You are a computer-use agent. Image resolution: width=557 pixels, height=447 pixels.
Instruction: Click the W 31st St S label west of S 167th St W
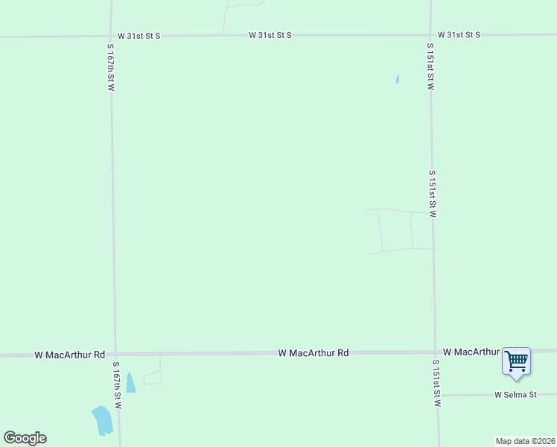click(139, 35)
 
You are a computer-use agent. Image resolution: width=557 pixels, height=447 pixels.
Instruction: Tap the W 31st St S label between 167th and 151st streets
click(270, 35)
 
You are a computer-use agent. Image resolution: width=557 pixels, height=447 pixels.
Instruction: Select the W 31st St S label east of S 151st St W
click(459, 35)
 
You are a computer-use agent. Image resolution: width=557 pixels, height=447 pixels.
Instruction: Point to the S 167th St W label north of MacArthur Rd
click(109, 67)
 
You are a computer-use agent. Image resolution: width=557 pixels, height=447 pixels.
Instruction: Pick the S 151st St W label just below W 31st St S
click(430, 66)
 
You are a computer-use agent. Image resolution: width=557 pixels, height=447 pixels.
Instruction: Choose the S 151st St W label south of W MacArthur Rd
click(437, 382)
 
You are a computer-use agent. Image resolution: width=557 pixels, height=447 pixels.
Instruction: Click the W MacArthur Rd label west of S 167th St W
click(69, 355)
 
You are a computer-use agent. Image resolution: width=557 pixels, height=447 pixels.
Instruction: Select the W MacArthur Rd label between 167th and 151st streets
click(313, 352)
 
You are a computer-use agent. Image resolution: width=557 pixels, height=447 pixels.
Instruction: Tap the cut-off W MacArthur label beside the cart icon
click(470, 351)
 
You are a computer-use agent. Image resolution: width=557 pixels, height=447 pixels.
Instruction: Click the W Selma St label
click(515, 394)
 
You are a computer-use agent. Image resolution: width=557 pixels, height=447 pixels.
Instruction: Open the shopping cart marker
click(516, 361)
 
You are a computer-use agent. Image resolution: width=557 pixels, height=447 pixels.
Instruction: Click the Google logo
click(25, 438)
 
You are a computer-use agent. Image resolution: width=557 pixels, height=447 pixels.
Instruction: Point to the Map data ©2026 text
click(525, 441)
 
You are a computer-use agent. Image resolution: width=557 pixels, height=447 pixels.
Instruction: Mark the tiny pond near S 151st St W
click(398, 79)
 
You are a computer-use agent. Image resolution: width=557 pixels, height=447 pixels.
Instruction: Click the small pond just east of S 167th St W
click(130, 383)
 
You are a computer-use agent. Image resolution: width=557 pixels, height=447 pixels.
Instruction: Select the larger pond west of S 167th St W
click(101, 421)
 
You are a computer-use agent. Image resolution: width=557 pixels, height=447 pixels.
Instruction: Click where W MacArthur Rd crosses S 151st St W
click(435, 352)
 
